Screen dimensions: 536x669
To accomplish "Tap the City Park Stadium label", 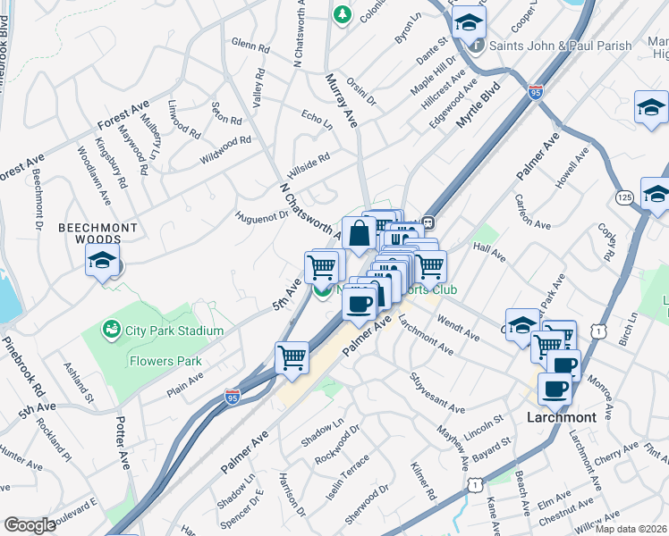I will pyautogui.click(x=174, y=331).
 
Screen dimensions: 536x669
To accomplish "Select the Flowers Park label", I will pyautogui.click(x=165, y=362).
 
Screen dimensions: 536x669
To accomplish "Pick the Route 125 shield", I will pyautogui.click(x=625, y=196).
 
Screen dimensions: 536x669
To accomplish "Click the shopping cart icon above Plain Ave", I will pyautogui.click(x=292, y=357).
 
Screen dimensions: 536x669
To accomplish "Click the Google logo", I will pyautogui.click(x=30, y=524).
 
